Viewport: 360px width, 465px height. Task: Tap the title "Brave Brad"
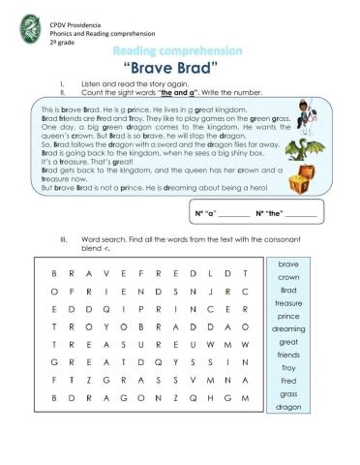coord(180,69)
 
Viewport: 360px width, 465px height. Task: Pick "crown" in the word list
coord(288,277)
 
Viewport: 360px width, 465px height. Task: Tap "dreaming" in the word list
coord(288,329)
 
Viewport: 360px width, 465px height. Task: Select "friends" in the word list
coord(288,356)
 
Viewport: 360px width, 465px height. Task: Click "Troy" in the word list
coord(288,369)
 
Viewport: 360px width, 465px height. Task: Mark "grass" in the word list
coord(288,395)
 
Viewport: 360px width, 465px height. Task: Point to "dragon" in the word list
coord(288,408)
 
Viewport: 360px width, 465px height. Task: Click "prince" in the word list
coord(288,317)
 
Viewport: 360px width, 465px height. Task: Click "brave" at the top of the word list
coord(288,263)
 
